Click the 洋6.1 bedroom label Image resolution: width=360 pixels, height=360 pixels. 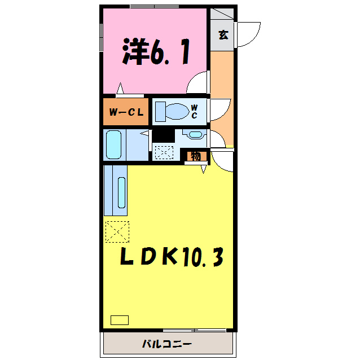[x=155, y=52]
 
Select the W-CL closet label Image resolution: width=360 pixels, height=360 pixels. [x=125, y=112]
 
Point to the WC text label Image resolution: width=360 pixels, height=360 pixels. [x=194, y=111]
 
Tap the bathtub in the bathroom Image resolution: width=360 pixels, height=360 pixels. [x=114, y=144]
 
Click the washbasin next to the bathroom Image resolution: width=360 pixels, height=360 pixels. [x=194, y=134]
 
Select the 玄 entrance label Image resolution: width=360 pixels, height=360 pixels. [x=223, y=35]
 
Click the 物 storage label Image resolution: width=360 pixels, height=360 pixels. [x=195, y=156]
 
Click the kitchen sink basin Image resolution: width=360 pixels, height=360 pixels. [x=122, y=192]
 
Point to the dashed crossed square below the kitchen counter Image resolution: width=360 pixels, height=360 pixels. [x=117, y=231]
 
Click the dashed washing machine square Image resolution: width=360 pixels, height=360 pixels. [x=164, y=152]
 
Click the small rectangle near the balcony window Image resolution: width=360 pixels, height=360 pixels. [x=119, y=319]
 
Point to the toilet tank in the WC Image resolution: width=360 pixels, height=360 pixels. [x=158, y=111]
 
